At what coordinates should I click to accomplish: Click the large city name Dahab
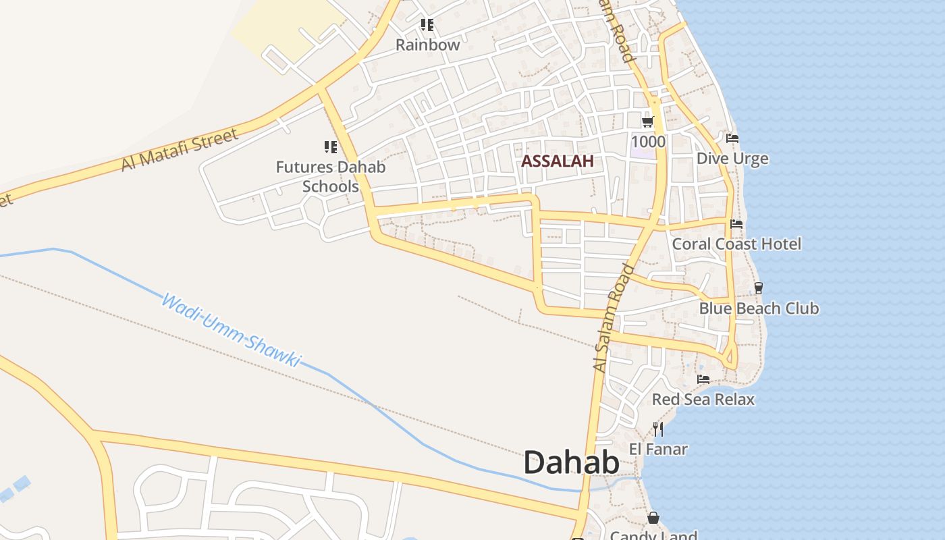pos(571,464)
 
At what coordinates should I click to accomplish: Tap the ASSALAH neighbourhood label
pos(558,161)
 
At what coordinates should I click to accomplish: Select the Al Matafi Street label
pos(180,150)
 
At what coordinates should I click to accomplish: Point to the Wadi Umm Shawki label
pos(230,330)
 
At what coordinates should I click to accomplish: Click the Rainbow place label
pos(427,45)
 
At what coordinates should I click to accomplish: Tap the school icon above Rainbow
pos(427,25)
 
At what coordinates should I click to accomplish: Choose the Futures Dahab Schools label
pos(331,176)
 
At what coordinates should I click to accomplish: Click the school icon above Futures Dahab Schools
pos(330,146)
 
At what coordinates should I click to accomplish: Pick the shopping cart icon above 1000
pos(648,122)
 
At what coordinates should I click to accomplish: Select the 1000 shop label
pos(648,142)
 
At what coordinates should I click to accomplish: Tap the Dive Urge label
pos(732,159)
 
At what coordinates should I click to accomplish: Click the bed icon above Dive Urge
pos(732,138)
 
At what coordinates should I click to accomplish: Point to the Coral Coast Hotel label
pos(736,244)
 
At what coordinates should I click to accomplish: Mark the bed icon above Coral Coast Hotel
pos(736,223)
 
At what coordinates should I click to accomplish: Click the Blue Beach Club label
pos(759,308)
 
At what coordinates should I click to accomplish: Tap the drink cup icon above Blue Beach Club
pos(759,288)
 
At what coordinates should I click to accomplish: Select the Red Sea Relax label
pos(703,400)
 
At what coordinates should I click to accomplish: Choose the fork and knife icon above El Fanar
pos(658,429)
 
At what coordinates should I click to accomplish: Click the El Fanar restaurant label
pos(658,449)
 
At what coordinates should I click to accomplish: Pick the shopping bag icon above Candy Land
pos(653,518)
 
